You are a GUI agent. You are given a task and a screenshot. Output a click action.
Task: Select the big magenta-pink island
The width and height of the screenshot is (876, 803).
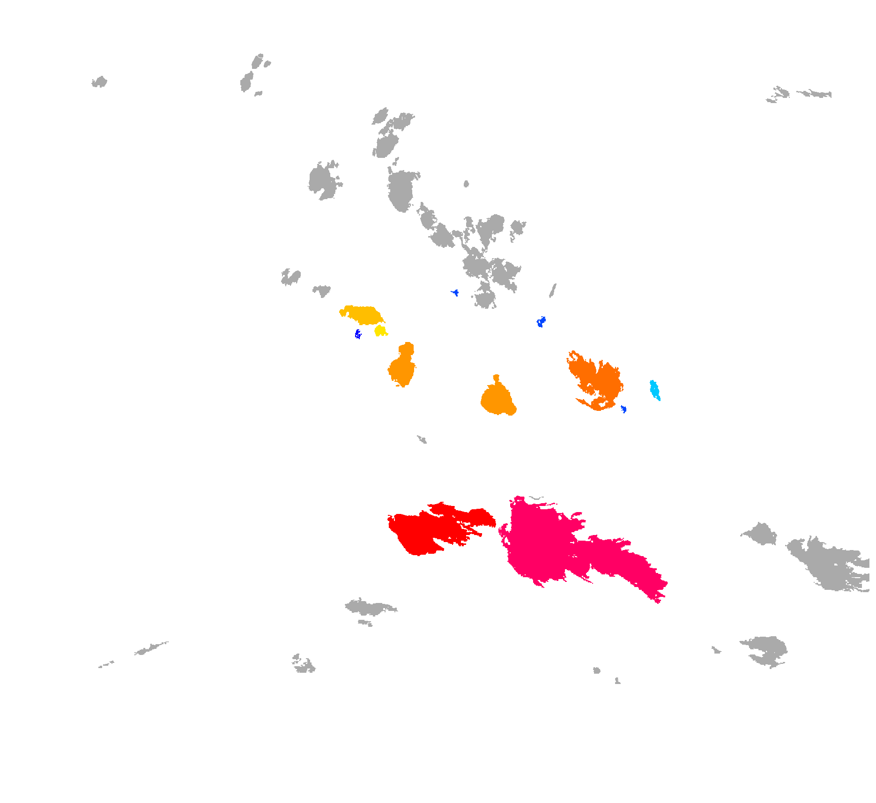539,543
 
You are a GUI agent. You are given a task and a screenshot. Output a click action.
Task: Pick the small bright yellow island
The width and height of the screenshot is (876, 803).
380,331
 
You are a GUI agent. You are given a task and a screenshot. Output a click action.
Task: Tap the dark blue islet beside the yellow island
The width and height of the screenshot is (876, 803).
358,334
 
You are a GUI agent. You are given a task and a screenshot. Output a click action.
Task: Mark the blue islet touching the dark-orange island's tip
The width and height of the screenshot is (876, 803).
624,409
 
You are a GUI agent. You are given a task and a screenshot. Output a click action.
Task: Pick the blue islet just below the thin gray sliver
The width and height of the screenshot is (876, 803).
541,322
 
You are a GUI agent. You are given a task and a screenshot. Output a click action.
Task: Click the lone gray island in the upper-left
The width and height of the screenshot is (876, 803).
99,82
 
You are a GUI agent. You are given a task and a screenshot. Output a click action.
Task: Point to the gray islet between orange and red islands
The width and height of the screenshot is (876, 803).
422,439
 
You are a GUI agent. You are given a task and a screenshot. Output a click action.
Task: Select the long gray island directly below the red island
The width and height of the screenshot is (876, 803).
370,608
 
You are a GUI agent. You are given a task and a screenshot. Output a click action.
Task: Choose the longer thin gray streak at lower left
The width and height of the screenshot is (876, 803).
151,648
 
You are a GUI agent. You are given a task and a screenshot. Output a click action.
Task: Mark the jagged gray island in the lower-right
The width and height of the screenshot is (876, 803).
766,649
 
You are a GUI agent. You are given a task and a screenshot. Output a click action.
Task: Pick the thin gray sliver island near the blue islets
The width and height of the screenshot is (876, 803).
553,290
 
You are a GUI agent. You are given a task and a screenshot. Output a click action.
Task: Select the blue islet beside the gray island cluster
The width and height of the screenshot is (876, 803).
455,293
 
